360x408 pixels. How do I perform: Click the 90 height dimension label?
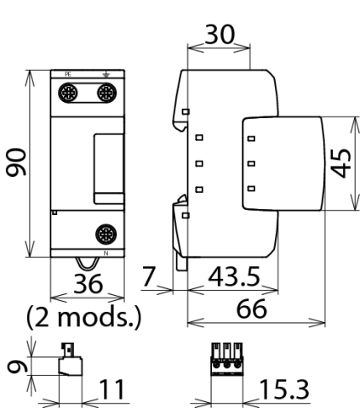click(16, 161)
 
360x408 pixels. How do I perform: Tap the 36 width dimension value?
click(88, 284)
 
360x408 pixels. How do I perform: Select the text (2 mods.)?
click(83, 317)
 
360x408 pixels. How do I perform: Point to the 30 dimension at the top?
click(220, 34)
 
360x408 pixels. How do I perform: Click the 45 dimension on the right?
click(341, 163)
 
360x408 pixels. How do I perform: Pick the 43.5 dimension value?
click(234, 276)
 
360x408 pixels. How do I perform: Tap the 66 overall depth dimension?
click(251, 309)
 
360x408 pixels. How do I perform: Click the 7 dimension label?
click(149, 276)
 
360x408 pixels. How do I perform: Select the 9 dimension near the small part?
click(17, 366)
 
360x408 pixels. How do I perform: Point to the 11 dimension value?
click(111, 389)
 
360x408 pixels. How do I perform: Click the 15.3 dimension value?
click(284, 389)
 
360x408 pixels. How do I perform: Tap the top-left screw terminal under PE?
click(68, 93)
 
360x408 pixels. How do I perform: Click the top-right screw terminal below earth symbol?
click(107, 93)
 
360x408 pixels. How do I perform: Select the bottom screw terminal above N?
click(106, 234)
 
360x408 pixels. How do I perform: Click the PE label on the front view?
click(68, 75)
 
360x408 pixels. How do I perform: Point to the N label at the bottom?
click(106, 253)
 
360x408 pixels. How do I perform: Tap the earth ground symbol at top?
click(106, 75)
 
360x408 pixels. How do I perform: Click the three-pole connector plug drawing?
click(227, 359)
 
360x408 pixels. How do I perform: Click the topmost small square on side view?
click(186, 111)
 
